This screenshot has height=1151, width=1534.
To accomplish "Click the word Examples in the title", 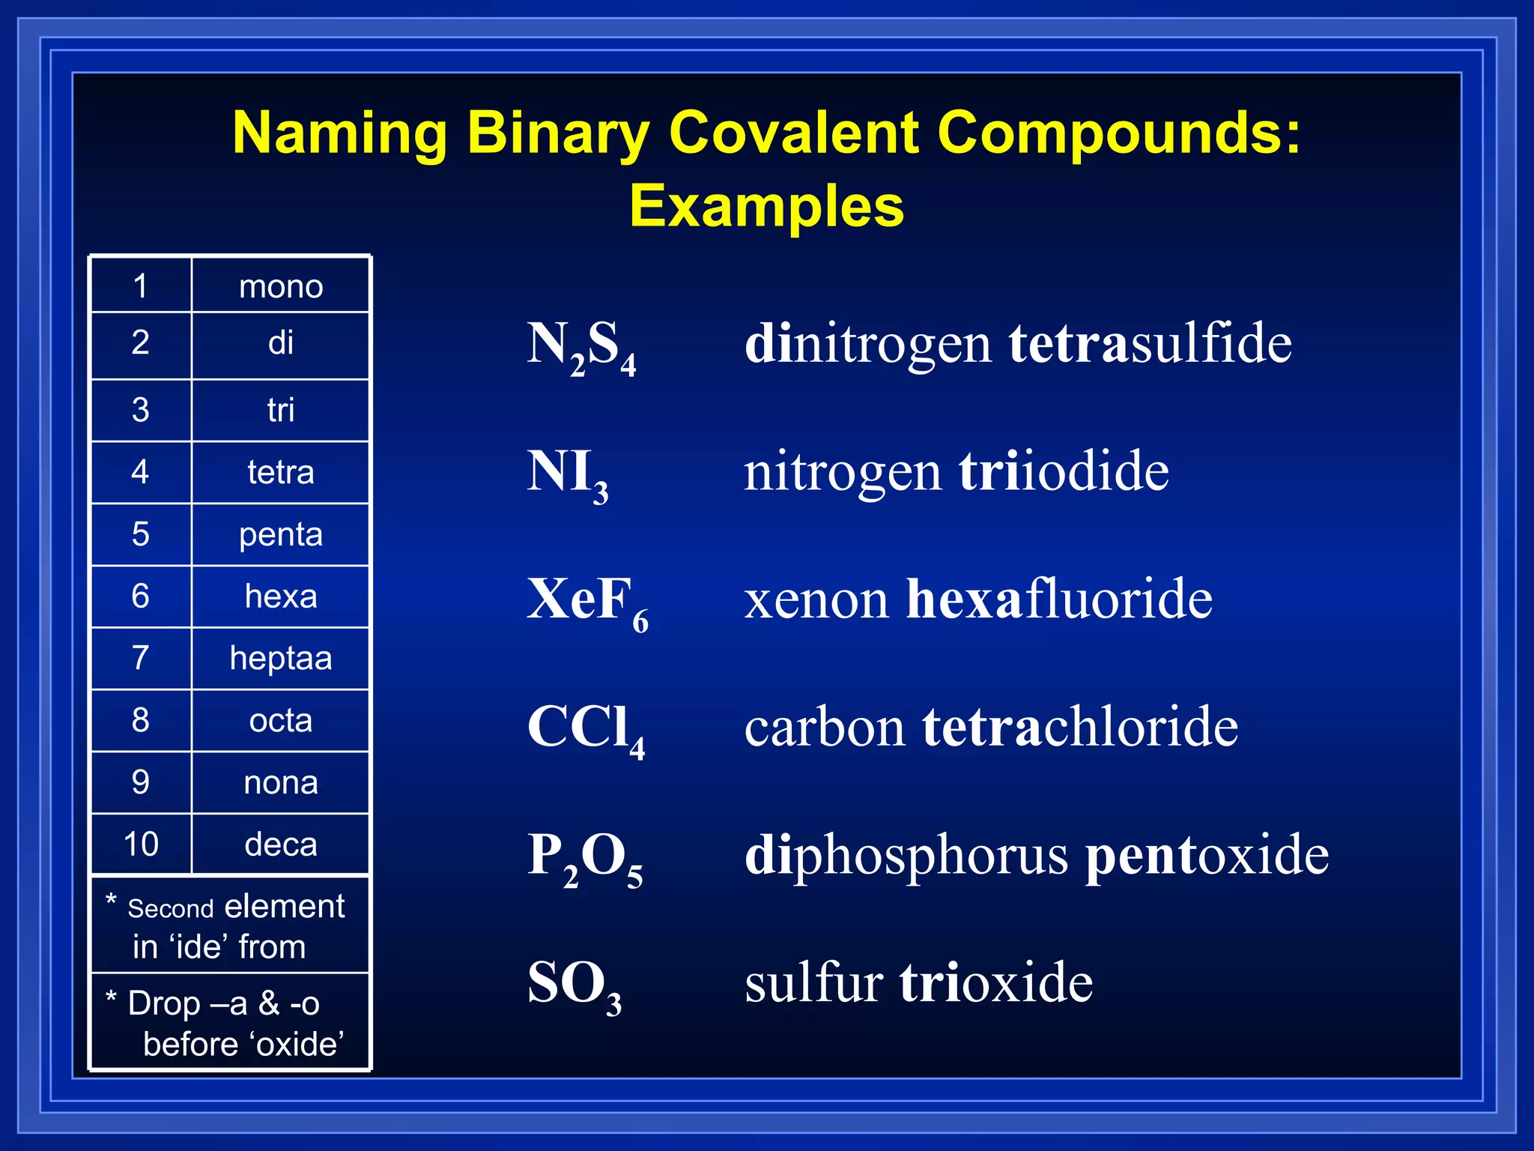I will tap(766, 206).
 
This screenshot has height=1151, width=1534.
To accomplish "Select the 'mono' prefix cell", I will tap(281, 286).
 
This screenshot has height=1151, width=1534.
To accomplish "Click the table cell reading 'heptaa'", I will tap(281, 658).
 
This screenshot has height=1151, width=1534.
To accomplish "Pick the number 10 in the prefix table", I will tap(141, 844).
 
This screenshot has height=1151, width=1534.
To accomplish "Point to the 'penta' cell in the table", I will tap(281, 534).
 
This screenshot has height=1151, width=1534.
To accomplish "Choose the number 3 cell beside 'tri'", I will tap(141, 410).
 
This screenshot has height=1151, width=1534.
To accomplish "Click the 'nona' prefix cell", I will tap(281, 782).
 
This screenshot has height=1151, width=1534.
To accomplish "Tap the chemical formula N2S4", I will tap(581, 346).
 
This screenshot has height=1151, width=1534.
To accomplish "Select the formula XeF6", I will tap(587, 602).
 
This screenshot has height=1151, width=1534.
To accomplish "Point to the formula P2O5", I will tap(584, 857).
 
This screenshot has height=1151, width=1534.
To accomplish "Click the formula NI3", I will tap(567, 474).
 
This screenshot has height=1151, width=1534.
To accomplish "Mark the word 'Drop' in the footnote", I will tap(164, 1003).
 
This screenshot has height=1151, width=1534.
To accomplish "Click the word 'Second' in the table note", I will tap(171, 908).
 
